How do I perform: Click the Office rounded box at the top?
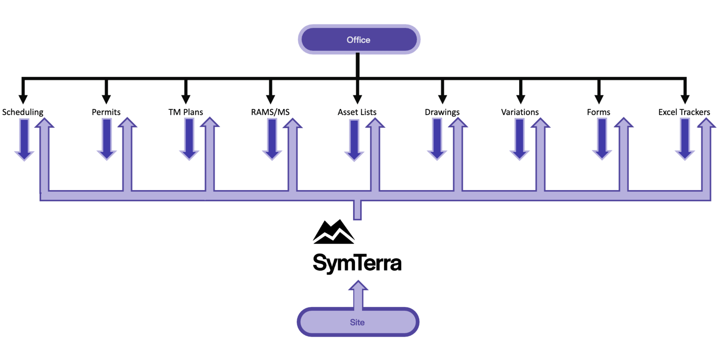(x=359, y=39)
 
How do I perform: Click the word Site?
(x=357, y=322)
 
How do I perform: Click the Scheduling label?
(x=23, y=112)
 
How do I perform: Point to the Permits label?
(x=107, y=112)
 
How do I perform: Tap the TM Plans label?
(x=186, y=112)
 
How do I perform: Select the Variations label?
(x=520, y=112)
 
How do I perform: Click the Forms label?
(x=599, y=112)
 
